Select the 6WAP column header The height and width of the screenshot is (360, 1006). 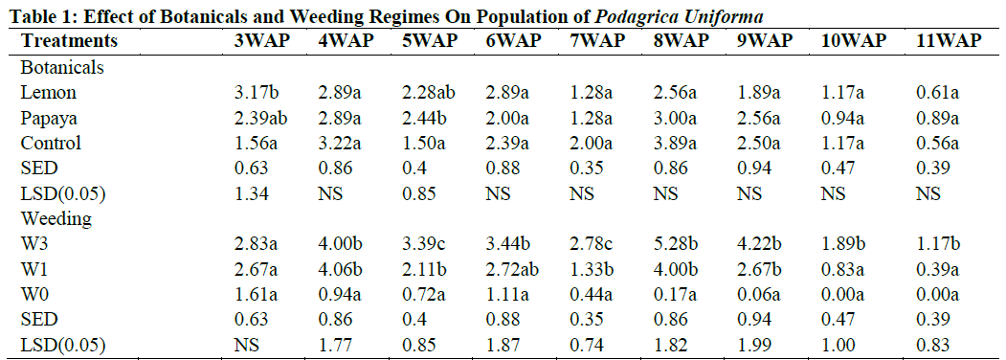(x=513, y=41)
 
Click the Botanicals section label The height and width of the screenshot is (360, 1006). (x=62, y=68)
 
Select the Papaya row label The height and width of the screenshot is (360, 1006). (x=48, y=118)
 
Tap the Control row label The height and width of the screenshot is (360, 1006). (x=51, y=143)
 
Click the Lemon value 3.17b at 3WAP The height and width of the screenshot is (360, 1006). (x=257, y=93)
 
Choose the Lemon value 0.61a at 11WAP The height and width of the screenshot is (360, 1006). (x=938, y=93)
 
